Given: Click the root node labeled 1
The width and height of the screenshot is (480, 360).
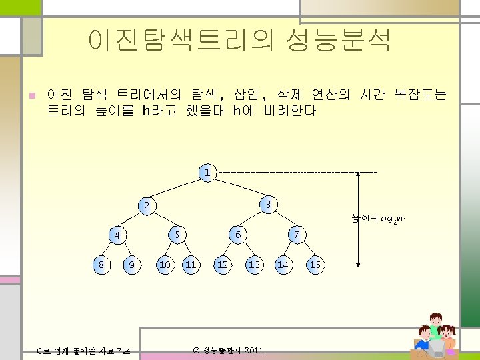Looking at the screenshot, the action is tap(207, 173).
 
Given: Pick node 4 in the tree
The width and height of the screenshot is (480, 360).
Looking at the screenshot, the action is tap(117, 235).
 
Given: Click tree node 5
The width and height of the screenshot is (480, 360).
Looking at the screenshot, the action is tap(177, 235).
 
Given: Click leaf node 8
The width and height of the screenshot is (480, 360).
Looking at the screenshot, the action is tap(101, 265).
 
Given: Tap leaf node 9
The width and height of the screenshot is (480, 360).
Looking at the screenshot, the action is tap(132, 265).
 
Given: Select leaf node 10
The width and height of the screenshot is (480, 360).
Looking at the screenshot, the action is tap(164, 265).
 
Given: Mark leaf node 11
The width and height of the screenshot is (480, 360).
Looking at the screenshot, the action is tap(191, 265).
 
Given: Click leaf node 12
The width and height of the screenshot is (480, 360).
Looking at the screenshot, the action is tap(223, 265).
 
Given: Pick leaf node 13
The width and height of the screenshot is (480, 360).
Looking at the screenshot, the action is tap(254, 265).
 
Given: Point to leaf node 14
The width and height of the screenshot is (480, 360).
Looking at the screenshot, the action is tap(283, 265).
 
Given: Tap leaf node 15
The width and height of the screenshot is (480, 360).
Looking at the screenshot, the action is tap(315, 265).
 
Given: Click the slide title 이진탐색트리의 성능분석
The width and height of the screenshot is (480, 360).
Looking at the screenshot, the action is tap(239, 41).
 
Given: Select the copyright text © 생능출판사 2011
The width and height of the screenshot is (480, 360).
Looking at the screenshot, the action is tap(227, 350).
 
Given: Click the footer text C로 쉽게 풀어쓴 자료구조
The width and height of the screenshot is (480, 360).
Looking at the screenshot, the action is tap(83, 351).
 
